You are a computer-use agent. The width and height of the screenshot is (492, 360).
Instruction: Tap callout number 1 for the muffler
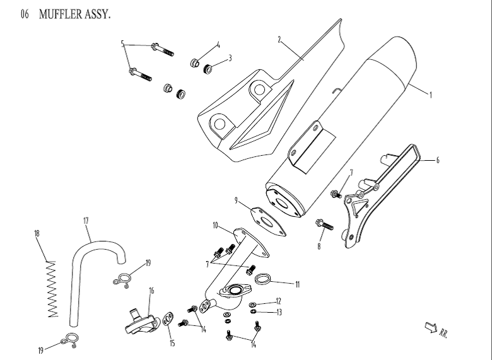pyautogui.click(x=430, y=96)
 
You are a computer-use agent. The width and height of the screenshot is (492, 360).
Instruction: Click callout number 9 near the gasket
pyautogui.click(x=236, y=201)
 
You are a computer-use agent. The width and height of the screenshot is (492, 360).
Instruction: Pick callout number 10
pyautogui.click(x=215, y=225)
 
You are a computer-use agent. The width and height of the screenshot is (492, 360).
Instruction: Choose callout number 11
pyautogui.click(x=298, y=283)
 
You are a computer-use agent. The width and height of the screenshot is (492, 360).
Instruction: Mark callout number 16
pyautogui.click(x=151, y=291)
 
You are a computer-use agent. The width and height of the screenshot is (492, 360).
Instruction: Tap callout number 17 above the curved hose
pyautogui.click(x=86, y=221)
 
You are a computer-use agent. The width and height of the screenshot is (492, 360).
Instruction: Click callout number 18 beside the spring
pyautogui.click(x=37, y=234)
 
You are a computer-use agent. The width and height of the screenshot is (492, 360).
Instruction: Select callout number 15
pyautogui.click(x=172, y=344)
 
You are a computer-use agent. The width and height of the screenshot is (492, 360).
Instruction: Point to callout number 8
pyautogui.click(x=319, y=246)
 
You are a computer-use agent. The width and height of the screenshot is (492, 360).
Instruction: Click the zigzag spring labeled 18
pyautogui.click(x=50, y=288)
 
